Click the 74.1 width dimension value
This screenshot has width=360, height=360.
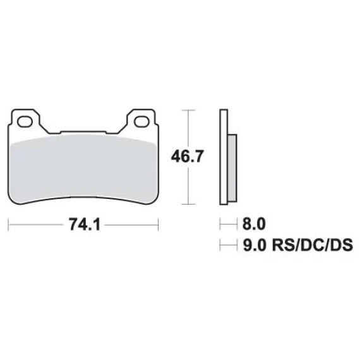pos(85,225)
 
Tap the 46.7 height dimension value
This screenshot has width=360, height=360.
pos(187,157)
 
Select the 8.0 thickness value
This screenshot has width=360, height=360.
pos(254,224)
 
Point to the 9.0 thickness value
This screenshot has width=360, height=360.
pos(255,246)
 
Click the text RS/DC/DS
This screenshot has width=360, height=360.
pos(312,246)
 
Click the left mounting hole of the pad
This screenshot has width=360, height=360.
pos(25,122)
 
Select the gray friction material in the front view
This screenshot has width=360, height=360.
pos(84,169)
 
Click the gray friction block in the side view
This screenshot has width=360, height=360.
pos(232,168)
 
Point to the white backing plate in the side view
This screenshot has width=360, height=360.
pos(224,157)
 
